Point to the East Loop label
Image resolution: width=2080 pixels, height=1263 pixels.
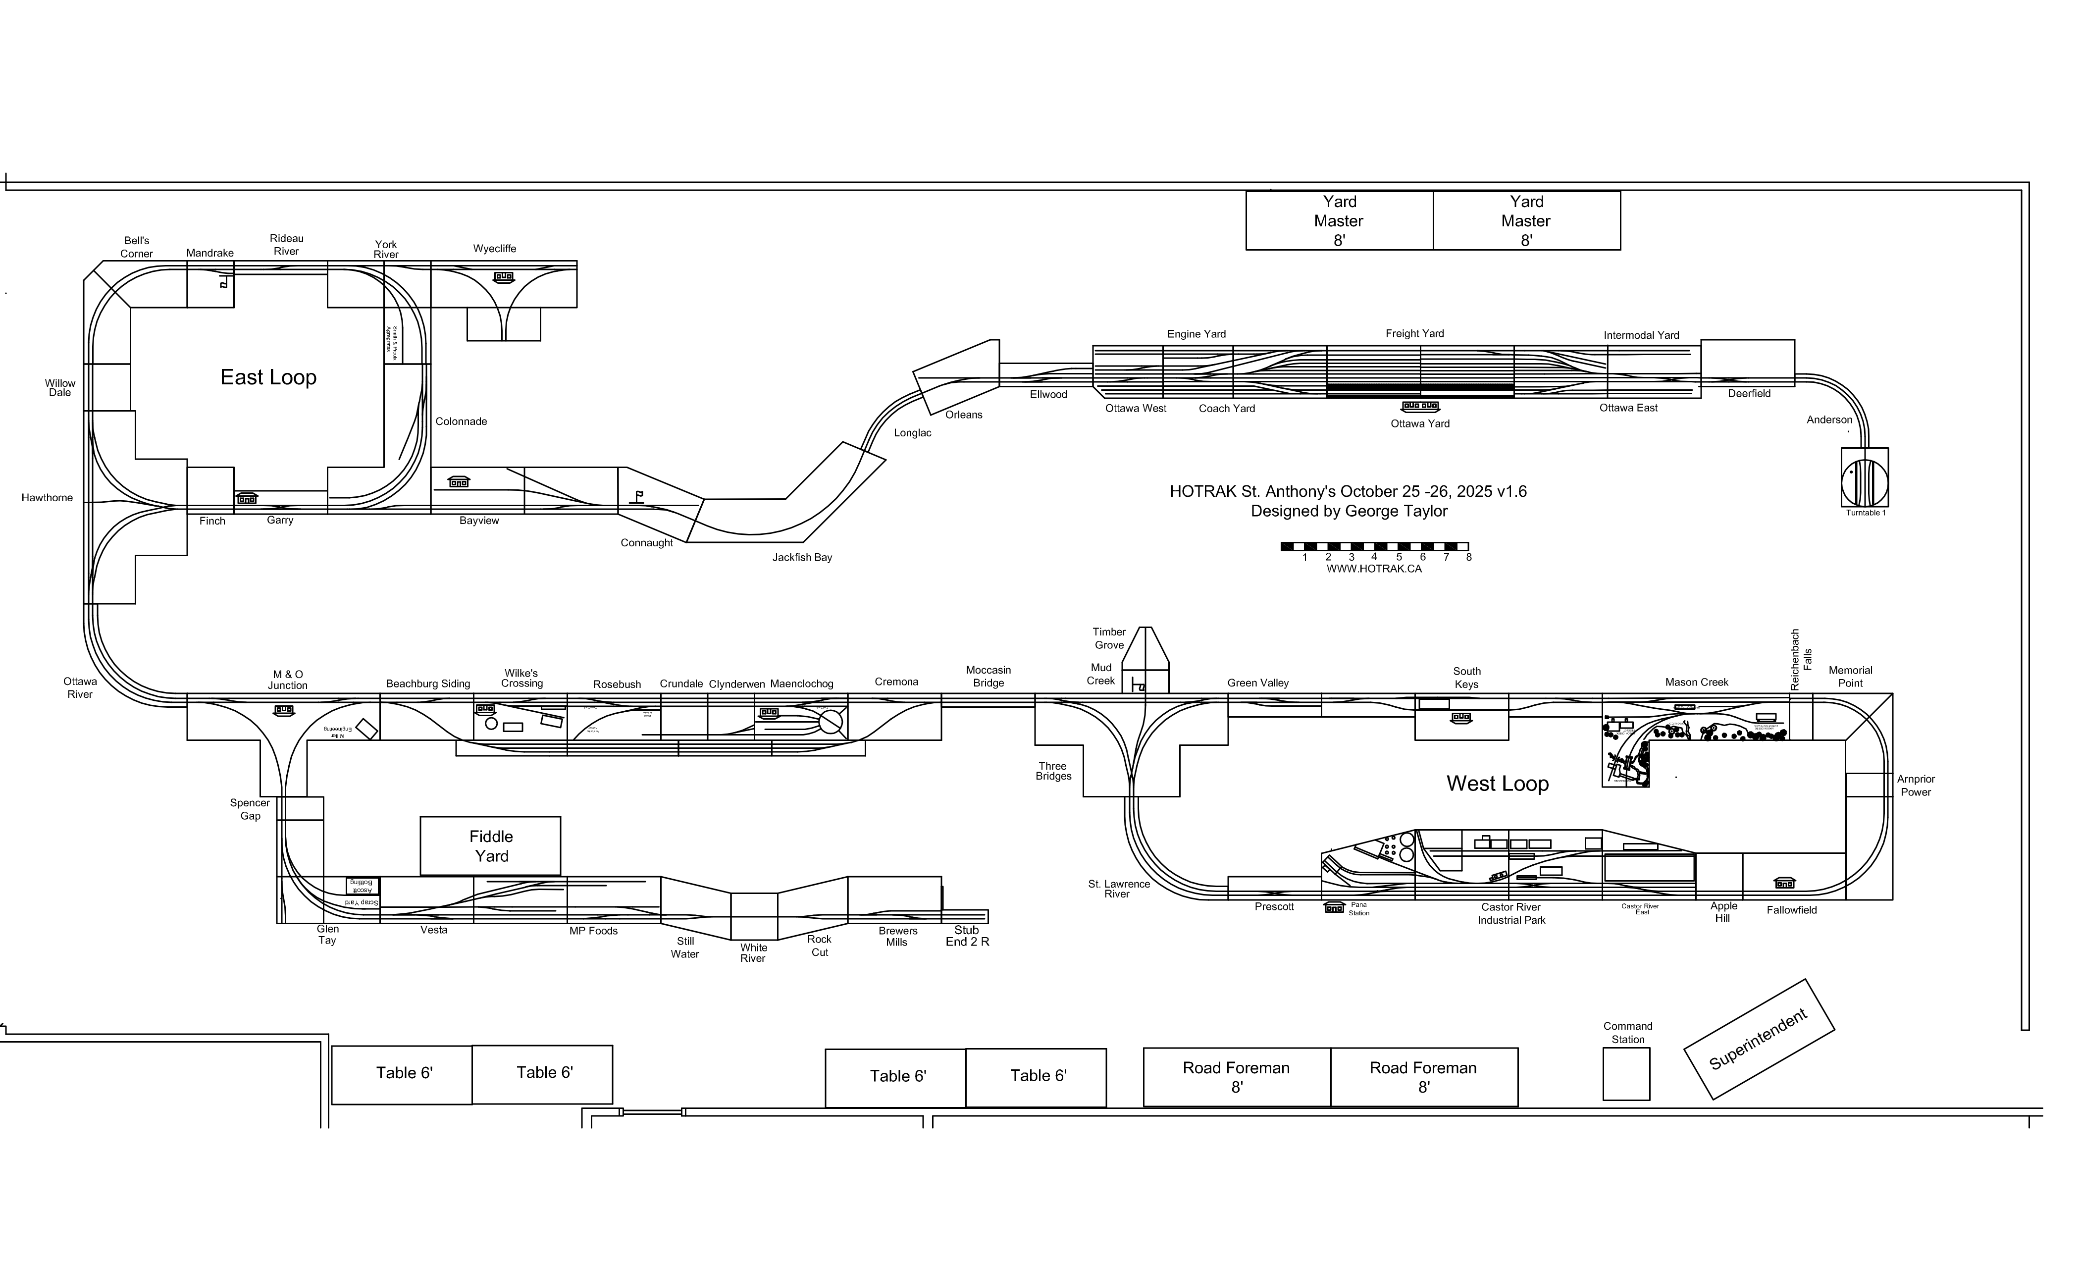[268, 377]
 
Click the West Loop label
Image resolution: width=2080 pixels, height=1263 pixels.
[1498, 784]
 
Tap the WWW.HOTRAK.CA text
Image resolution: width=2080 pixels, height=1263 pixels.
[1373, 569]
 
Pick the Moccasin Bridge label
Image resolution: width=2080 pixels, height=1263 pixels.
[988, 676]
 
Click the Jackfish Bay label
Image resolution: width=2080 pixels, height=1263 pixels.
[802, 557]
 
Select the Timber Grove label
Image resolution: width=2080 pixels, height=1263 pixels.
[1109, 638]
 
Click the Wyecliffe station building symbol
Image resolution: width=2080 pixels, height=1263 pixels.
[504, 277]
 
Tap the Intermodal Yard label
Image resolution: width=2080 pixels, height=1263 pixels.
[1641, 335]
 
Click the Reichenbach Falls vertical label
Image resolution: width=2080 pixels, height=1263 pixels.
[1801, 659]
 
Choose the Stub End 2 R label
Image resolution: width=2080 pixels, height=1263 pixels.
[967, 936]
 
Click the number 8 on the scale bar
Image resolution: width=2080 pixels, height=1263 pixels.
[1469, 557]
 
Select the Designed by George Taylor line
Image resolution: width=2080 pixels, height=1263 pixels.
[1349, 511]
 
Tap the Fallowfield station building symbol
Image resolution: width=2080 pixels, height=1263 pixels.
[1784, 883]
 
